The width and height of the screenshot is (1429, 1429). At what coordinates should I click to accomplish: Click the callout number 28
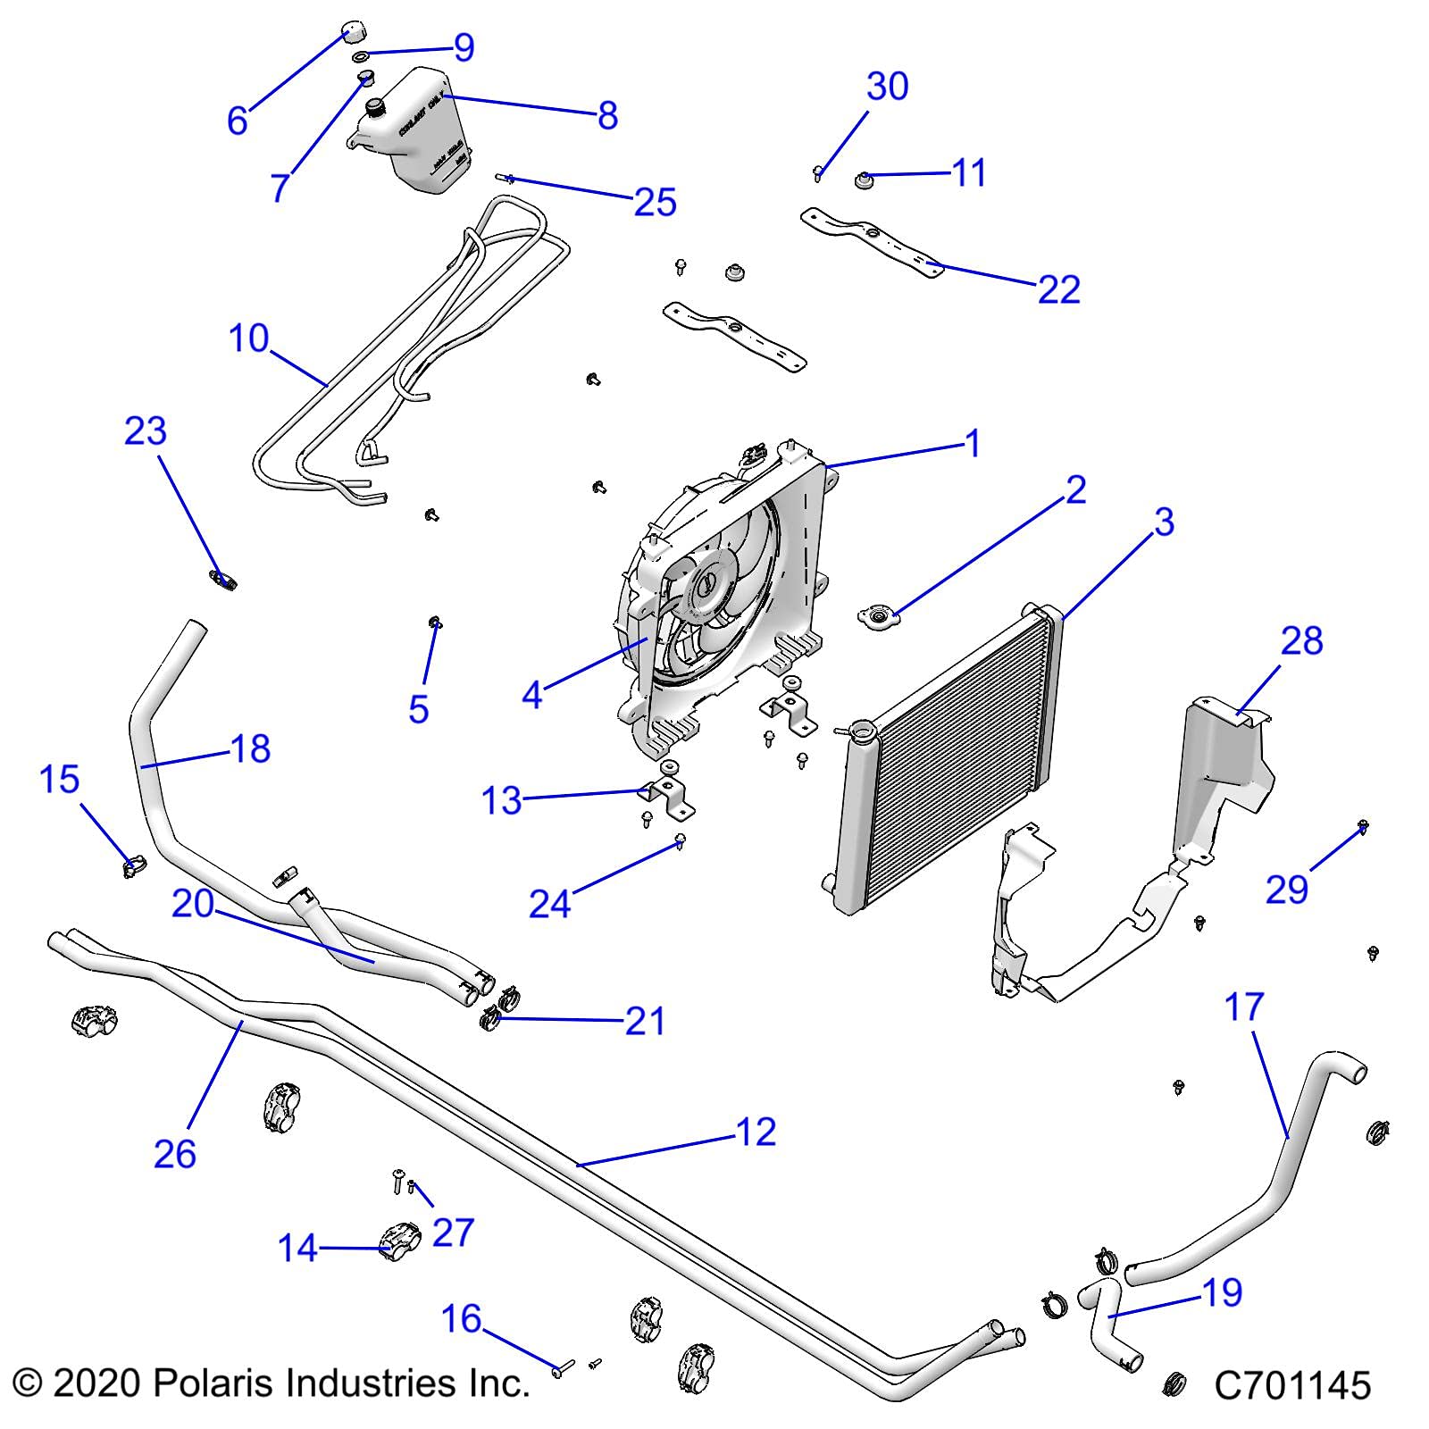(1301, 641)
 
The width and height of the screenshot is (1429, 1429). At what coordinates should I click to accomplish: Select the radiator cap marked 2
(877, 616)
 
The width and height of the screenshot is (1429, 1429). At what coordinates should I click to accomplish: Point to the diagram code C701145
(1291, 1386)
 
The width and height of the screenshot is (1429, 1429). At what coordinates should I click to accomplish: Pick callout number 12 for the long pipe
(756, 1132)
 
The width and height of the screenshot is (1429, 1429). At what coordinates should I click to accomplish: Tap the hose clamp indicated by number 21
(493, 1018)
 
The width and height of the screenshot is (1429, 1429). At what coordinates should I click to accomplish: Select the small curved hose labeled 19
(1107, 1321)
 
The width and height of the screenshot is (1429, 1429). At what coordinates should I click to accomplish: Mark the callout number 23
(145, 431)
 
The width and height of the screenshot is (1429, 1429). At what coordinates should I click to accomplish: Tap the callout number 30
(887, 87)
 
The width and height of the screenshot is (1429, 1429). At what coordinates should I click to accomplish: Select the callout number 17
(1243, 1007)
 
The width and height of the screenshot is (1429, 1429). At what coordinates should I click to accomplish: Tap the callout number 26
(174, 1153)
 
